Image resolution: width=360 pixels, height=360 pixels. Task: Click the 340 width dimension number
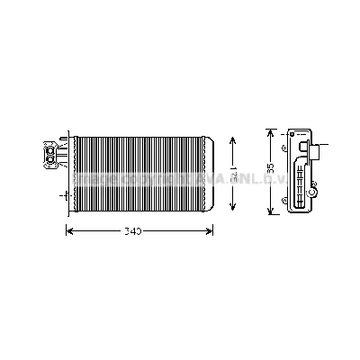pyautogui.click(x=132, y=232)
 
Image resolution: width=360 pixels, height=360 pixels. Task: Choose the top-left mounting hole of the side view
pyautogui.click(x=285, y=148)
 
